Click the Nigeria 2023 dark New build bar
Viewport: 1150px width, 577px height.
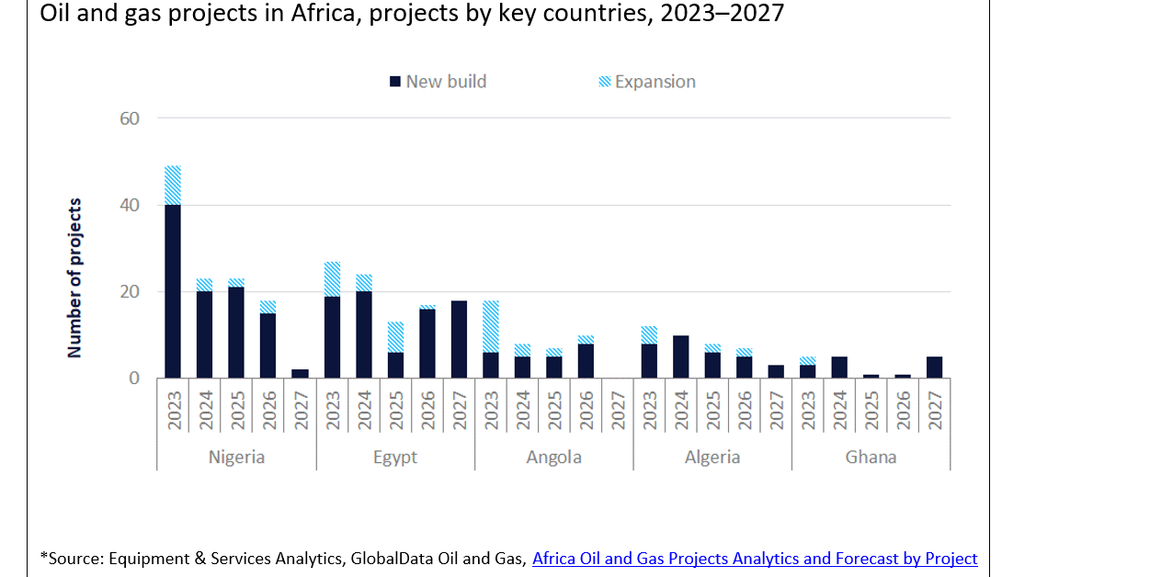(173, 291)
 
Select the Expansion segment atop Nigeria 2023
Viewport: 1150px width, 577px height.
(173, 185)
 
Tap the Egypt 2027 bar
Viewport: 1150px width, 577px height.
(459, 339)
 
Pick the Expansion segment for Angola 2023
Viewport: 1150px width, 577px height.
(490, 326)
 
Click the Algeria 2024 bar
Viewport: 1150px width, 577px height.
(681, 356)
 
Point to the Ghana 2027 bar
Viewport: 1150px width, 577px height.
(934, 368)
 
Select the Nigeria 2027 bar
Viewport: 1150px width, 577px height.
(300, 374)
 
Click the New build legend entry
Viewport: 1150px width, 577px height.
(438, 82)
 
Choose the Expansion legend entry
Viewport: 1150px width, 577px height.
(647, 82)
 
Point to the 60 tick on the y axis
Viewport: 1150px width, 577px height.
(130, 119)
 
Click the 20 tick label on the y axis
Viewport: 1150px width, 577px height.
(130, 292)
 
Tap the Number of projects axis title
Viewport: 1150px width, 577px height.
(75, 277)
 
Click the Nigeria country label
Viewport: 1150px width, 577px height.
(236, 457)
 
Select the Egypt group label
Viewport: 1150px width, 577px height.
(395, 457)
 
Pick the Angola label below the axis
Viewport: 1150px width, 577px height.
(553, 457)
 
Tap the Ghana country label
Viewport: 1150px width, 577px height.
(871, 457)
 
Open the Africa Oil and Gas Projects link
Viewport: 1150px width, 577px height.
(754, 558)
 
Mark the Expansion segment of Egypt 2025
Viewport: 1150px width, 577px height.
(395, 337)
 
